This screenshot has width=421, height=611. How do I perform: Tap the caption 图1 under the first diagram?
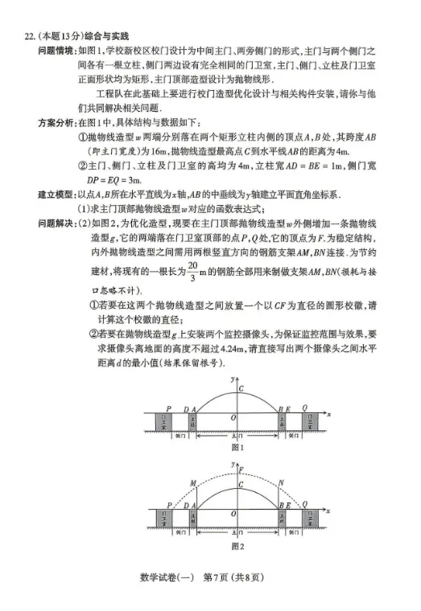237,447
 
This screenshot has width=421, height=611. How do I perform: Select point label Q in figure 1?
305,408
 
